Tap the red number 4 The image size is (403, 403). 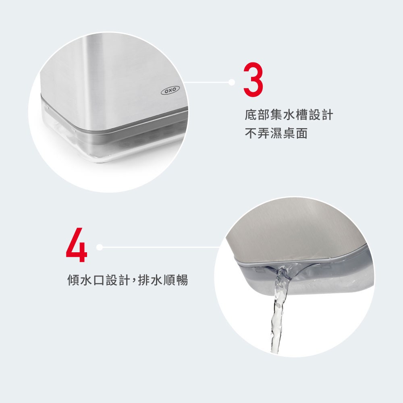77,245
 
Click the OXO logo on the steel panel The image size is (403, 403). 170,90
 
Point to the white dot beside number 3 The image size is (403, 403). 232,82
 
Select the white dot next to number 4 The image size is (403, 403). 100,247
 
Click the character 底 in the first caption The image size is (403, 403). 251,114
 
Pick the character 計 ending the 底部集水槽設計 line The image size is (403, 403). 327,114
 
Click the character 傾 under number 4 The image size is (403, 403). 73,280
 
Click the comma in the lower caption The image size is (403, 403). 134,281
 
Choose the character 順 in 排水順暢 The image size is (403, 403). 169,280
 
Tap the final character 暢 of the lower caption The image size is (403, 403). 182,280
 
